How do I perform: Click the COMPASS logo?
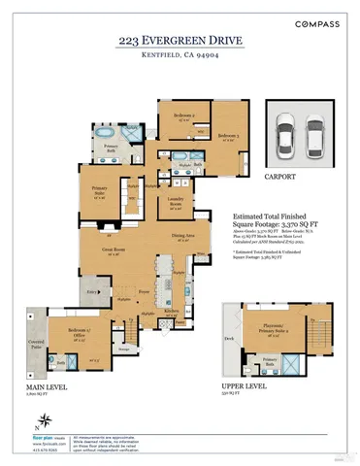click(318, 22)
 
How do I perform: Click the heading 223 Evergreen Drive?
click(180, 42)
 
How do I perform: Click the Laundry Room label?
click(176, 205)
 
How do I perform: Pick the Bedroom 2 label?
click(184, 116)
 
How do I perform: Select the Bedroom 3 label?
click(228, 135)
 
